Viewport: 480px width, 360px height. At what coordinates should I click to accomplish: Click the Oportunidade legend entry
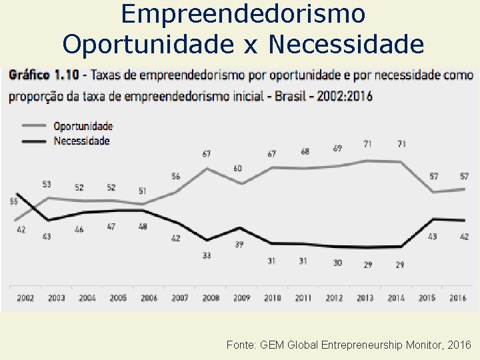tap(83, 126)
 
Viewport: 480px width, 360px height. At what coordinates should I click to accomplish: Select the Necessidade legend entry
tap(81, 141)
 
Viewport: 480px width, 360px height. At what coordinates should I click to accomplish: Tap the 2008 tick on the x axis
tap(211, 298)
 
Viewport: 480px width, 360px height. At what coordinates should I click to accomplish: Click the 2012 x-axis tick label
tap(334, 298)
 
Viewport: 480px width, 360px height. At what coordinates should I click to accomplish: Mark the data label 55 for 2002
tap(13, 202)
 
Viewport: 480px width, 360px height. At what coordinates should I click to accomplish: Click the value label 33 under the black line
tap(207, 255)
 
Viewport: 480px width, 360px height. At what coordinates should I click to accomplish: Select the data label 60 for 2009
tap(238, 168)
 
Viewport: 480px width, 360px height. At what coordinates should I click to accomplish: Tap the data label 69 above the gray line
tap(337, 147)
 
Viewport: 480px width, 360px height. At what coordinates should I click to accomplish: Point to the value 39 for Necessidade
tap(239, 245)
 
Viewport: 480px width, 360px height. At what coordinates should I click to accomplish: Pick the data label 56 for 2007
tap(176, 176)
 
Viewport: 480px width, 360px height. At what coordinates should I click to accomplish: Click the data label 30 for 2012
tap(337, 263)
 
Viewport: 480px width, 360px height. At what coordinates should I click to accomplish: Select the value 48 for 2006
tap(142, 227)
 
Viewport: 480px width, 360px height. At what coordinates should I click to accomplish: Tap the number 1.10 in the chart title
tap(70, 75)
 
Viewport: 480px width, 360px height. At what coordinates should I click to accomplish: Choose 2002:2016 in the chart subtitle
tap(342, 95)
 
